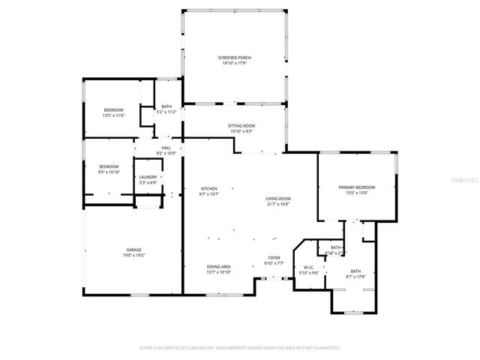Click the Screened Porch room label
pyautogui.click(x=235, y=58)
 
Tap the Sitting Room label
pyautogui.click(x=241, y=126)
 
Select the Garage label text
pyautogui.click(x=133, y=250)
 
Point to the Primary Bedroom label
pyautogui.click(x=356, y=187)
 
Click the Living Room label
pyautogui.click(x=277, y=199)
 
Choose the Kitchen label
pyautogui.click(x=208, y=188)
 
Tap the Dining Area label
pyautogui.click(x=219, y=266)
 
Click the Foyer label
pyautogui.click(x=274, y=258)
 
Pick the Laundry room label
pyautogui.click(x=148, y=177)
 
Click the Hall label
pyautogui.click(x=166, y=148)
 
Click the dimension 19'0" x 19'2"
pyautogui.click(x=133, y=255)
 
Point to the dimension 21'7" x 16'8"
pyautogui.click(x=277, y=204)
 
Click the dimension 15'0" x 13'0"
pyautogui.click(x=356, y=193)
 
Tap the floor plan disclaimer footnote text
pyautogui.click(x=240, y=348)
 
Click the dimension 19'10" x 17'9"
pyautogui.click(x=235, y=63)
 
